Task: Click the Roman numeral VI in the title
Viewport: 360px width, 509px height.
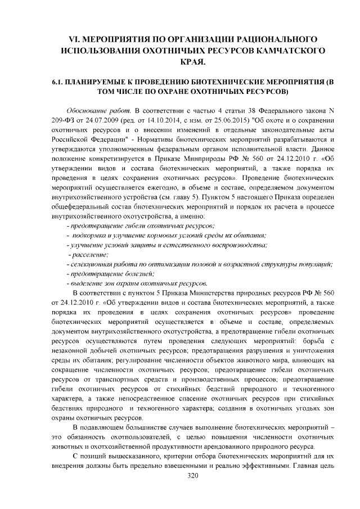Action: coord(74,39)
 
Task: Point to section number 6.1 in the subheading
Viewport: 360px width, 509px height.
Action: coord(57,82)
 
